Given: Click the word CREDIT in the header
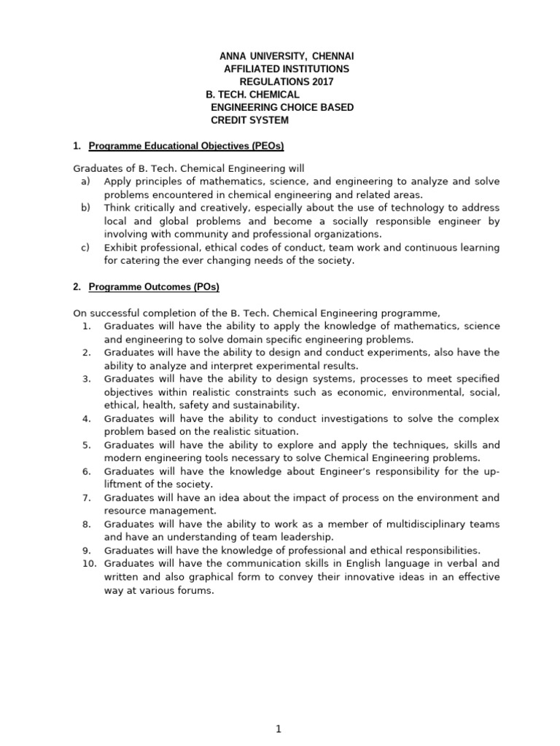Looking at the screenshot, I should click(x=230, y=120).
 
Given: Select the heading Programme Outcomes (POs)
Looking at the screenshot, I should click(x=154, y=286).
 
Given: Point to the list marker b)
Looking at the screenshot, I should click(x=85, y=208).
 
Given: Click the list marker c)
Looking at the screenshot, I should click(x=85, y=247).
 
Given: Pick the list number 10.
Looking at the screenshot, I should click(x=85, y=563).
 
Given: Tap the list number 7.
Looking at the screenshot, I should click(x=86, y=498).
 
